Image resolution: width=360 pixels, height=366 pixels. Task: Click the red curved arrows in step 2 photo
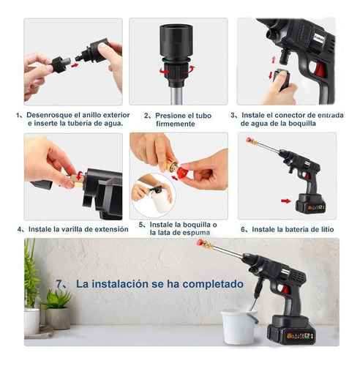coord(176,70)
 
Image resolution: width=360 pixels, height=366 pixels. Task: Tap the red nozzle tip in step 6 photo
coord(250,141)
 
